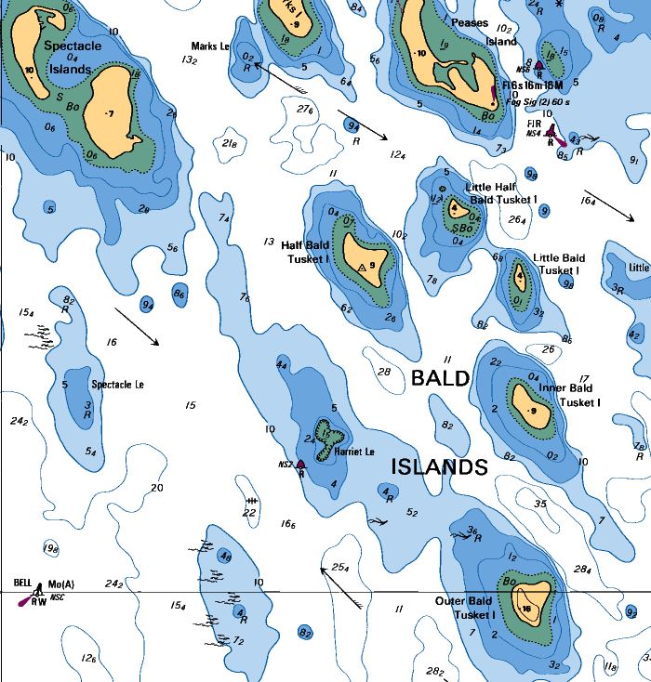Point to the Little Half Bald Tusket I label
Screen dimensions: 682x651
(x=503, y=193)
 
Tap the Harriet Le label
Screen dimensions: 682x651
(x=354, y=452)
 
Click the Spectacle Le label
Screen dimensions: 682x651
(x=118, y=384)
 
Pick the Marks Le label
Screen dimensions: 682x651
(x=210, y=46)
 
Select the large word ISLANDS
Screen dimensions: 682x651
(x=439, y=467)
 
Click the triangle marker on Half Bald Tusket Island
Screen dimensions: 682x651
(x=362, y=268)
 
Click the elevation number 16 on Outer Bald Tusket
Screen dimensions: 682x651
(x=527, y=609)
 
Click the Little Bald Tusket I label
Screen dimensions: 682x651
(x=559, y=264)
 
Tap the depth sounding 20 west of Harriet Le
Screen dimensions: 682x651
(x=156, y=488)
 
